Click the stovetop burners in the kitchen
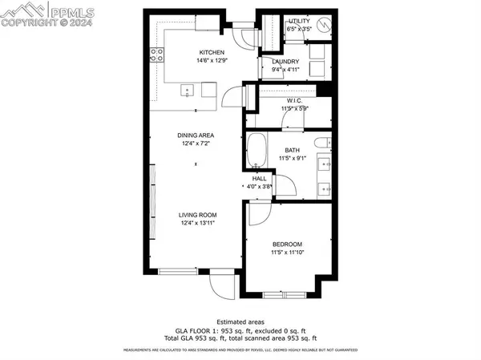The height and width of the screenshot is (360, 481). tap(157, 55)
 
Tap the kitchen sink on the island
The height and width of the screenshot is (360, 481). tap(188, 91)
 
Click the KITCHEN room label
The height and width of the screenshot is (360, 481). tap(201, 52)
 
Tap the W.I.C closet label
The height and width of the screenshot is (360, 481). tap(294, 100)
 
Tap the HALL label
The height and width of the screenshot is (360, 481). tap(259, 179)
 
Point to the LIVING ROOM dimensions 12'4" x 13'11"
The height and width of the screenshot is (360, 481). tap(197, 224)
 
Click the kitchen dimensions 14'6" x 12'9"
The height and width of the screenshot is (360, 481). tap(201, 60)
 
